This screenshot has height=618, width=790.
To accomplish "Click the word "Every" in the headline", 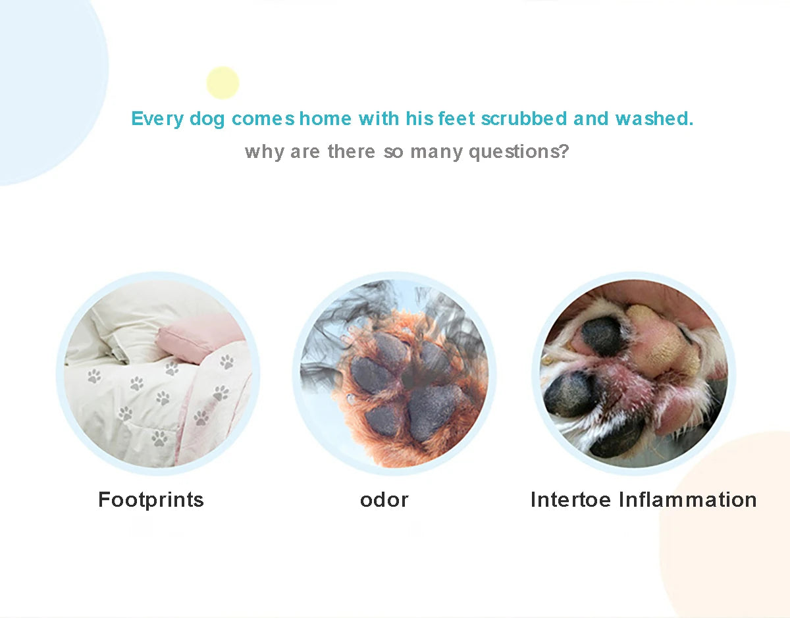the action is (x=157, y=119).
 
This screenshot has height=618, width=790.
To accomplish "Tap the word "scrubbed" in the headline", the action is (x=524, y=118).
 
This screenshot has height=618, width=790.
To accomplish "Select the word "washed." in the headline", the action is (x=654, y=118).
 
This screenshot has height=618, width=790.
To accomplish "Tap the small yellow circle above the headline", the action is (x=223, y=83).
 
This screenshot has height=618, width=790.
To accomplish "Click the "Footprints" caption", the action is (x=151, y=500).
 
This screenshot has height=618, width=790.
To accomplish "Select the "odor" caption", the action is (x=384, y=500).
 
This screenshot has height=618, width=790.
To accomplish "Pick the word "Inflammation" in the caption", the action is (x=688, y=500).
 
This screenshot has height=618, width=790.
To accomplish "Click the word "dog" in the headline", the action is (x=207, y=120).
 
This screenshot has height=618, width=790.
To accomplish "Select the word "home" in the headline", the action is (x=325, y=118).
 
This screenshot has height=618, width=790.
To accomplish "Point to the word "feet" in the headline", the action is (x=457, y=118).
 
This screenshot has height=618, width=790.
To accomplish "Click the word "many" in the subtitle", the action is (x=436, y=153).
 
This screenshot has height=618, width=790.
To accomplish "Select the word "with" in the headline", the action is (x=379, y=118).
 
